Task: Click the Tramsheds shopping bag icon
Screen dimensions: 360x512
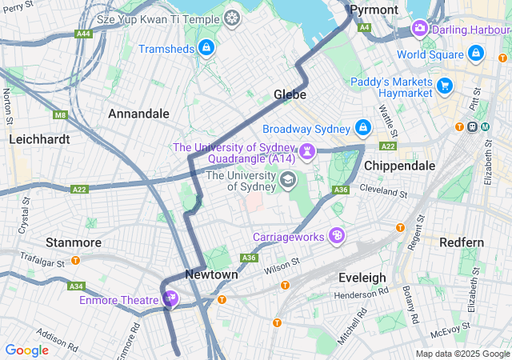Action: tap(206, 49)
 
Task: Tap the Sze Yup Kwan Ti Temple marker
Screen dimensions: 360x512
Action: tap(231, 18)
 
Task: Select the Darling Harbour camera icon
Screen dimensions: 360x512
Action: tap(419, 30)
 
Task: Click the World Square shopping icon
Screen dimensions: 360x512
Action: tap(476, 54)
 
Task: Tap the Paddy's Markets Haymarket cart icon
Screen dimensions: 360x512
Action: tap(445, 85)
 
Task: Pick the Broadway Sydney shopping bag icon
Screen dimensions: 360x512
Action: tap(362, 128)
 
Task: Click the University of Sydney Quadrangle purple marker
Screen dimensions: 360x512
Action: tap(306, 151)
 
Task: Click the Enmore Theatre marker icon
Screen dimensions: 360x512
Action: tap(170, 300)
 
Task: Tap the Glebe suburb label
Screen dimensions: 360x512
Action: tap(290, 94)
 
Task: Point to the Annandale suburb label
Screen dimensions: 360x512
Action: tap(138, 114)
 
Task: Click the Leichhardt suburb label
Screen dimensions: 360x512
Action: tap(39, 138)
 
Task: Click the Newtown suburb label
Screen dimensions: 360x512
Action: tap(211, 274)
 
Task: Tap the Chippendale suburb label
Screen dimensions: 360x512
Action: tap(399, 166)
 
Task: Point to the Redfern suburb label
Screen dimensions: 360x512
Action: tap(462, 242)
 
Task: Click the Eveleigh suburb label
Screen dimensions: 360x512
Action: tap(362, 278)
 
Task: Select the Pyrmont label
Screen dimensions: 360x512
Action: tap(374, 10)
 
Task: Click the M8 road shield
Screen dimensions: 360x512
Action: tap(61, 115)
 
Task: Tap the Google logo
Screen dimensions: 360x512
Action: tap(27, 350)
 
